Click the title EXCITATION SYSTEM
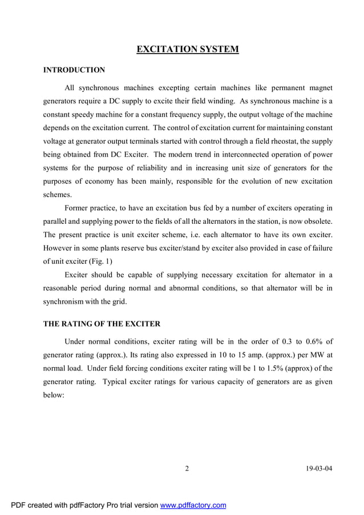point(188,50)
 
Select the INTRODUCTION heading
point(74,70)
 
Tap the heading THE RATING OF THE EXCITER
point(102,324)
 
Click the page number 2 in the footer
point(187,469)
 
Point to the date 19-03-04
point(319,469)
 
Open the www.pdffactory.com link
point(193,505)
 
